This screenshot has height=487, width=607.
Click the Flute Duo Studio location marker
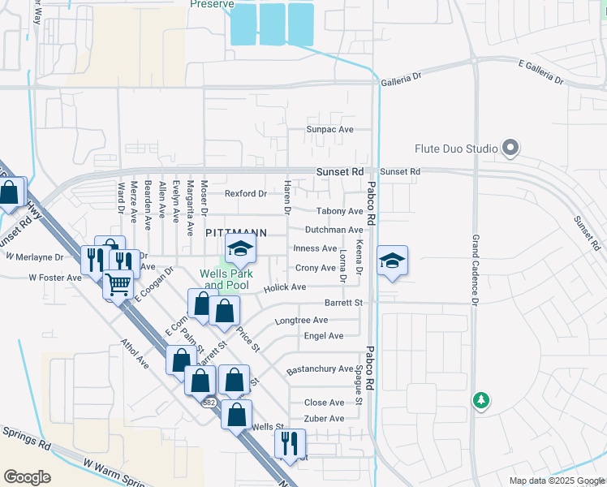click(510, 149)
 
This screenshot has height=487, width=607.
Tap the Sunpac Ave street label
click(329, 129)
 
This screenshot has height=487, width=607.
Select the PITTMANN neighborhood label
click(236, 232)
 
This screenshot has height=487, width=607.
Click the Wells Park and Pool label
click(228, 279)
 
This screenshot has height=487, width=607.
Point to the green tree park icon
click(481, 400)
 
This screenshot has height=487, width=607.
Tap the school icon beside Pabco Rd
click(392, 261)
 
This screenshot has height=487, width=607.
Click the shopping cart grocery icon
click(118, 284)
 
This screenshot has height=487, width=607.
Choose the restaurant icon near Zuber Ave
click(290, 442)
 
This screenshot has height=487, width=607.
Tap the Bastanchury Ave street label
click(320, 369)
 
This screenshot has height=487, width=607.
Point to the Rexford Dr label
click(246, 193)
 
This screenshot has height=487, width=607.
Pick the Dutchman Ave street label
click(334, 230)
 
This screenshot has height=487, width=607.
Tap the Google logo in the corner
click(27, 476)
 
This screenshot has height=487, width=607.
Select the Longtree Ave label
click(302, 321)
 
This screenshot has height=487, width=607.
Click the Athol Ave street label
click(134, 353)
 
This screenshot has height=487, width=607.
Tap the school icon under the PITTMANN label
click(240, 251)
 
